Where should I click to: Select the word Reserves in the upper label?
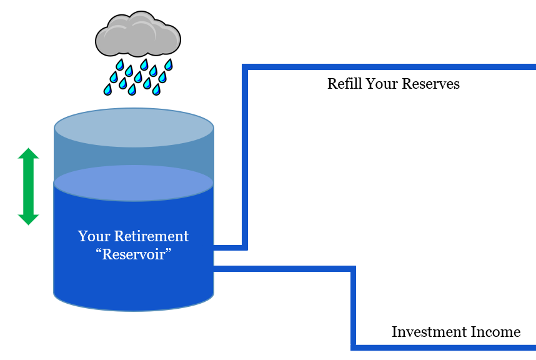point(433,84)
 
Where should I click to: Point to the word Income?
point(497,332)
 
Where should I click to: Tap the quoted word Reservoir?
point(134,255)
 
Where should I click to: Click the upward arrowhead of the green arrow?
point(28,153)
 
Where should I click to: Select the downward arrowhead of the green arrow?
point(28,219)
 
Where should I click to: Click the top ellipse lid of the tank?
point(134,128)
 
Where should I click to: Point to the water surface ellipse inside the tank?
point(134,183)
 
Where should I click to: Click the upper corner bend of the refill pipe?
point(246,67)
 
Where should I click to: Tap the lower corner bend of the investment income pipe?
point(354,346)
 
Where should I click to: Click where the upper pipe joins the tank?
point(215,247)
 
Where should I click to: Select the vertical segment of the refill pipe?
point(245,156)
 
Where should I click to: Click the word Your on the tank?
point(92,236)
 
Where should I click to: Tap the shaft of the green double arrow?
point(28,186)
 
